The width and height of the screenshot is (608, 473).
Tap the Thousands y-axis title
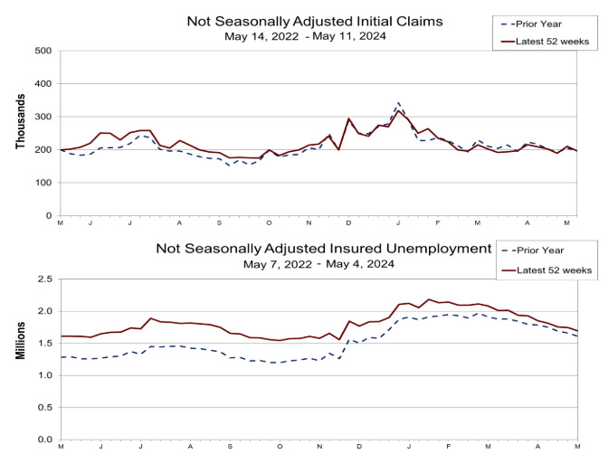pos(19,134)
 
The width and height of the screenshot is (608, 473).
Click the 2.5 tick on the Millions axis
pos(42,279)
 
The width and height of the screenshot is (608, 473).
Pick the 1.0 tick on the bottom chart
pos(42,375)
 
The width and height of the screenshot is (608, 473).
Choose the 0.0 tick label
pos(42,440)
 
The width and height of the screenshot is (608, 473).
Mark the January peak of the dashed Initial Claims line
pos(399,103)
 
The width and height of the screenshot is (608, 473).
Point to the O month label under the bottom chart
pos(280,448)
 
